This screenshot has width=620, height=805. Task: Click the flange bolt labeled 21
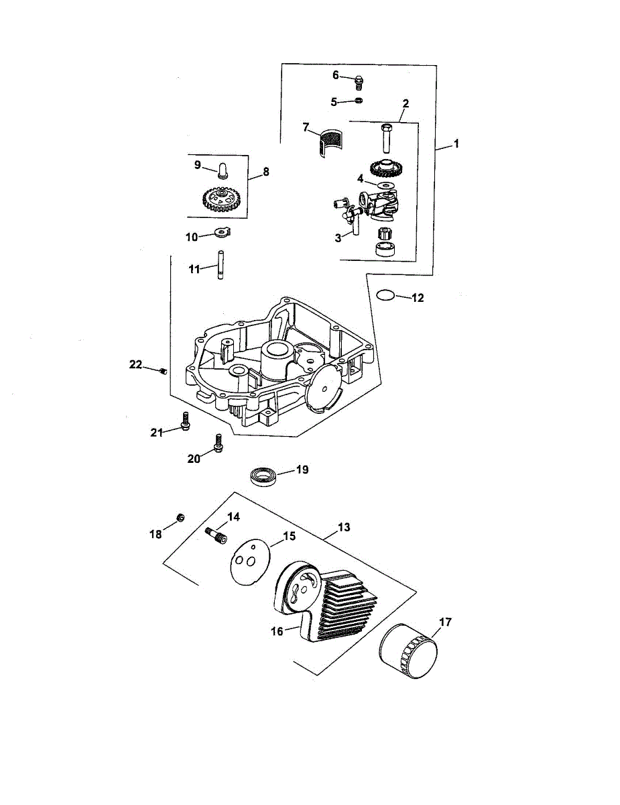click(x=185, y=421)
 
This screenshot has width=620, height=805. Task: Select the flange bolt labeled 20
click(x=218, y=443)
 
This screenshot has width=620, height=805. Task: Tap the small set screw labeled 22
click(x=164, y=371)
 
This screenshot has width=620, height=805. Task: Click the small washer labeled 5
click(x=359, y=101)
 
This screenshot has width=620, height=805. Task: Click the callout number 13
click(x=344, y=527)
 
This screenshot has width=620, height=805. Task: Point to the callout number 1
click(x=456, y=144)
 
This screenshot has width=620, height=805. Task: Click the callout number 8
click(x=265, y=172)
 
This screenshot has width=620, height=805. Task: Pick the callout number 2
click(x=405, y=103)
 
